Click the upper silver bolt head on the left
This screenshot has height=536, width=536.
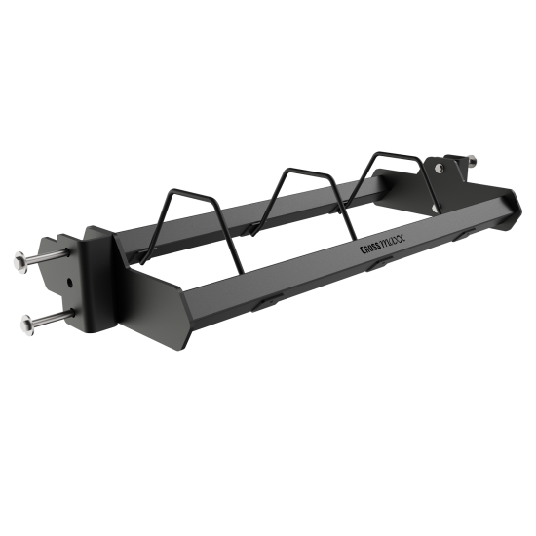click(x=21, y=262)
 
